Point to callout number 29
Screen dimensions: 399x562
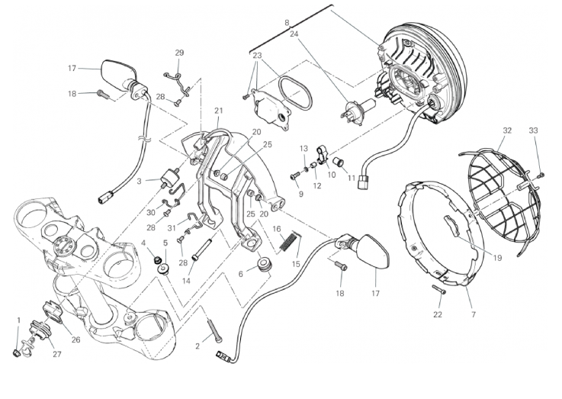[179, 53]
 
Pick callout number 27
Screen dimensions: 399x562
[56, 353]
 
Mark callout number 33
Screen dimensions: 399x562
[533, 130]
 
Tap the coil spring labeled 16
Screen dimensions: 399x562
[289, 241]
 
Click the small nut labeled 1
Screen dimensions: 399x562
[18, 352]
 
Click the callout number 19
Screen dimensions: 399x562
[496, 257]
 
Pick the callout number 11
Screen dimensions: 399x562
[352, 177]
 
